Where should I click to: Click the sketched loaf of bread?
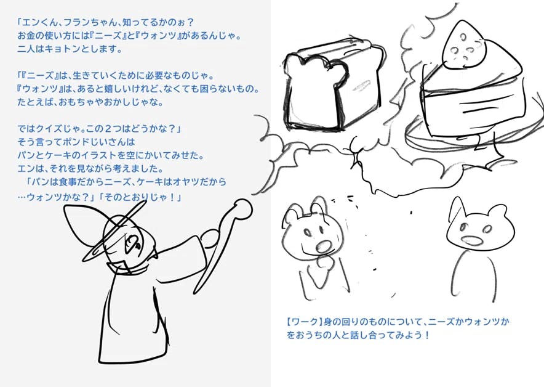click(x=333, y=85)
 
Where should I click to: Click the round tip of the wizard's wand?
click(x=243, y=208)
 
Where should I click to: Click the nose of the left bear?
click(x=323, y=246)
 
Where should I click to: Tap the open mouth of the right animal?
click(x=471, y=240)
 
